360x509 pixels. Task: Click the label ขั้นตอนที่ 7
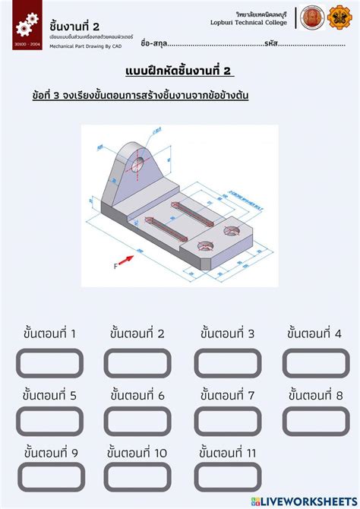click(x=227, y=395)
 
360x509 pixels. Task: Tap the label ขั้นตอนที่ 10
click(x=138, y=454)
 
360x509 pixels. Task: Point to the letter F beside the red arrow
click(x=115, y=266)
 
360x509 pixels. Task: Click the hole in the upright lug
click(x=137, y=164)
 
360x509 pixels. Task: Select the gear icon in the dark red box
click(x=25, y=24)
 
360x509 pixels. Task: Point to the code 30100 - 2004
click(x=26, y=46)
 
